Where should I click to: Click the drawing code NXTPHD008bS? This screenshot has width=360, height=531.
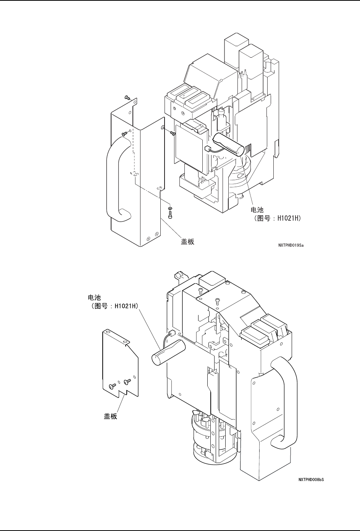click(x=311, y=479)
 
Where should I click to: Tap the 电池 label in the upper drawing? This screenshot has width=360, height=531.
click(x=257, y=210)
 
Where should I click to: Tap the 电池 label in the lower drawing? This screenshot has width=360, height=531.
click(x=95, y=298)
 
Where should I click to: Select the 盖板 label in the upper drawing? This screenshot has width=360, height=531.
click(x=187, y=241)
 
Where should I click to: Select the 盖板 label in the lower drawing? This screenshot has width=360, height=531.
click(x=111, y=416)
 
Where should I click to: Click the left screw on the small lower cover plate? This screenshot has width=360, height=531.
click(x=111, y=386)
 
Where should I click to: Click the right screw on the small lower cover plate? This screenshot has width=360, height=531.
click(x=127, y=381)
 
